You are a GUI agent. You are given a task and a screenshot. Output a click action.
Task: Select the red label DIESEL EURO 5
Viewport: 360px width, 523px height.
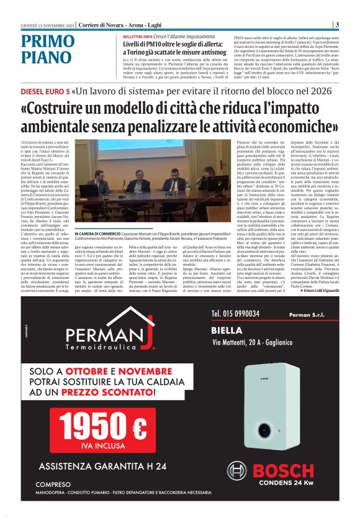point(44,91)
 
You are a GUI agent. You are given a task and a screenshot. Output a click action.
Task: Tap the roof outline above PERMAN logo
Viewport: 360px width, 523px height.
point(103,317)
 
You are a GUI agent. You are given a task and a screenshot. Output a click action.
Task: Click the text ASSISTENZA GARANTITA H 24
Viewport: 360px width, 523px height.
point(102,466)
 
